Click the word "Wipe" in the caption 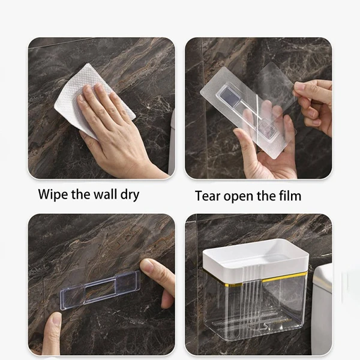(53, 194)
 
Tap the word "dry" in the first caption (130, 195)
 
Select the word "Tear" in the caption (208, 196)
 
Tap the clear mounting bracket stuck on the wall (100, 290)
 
